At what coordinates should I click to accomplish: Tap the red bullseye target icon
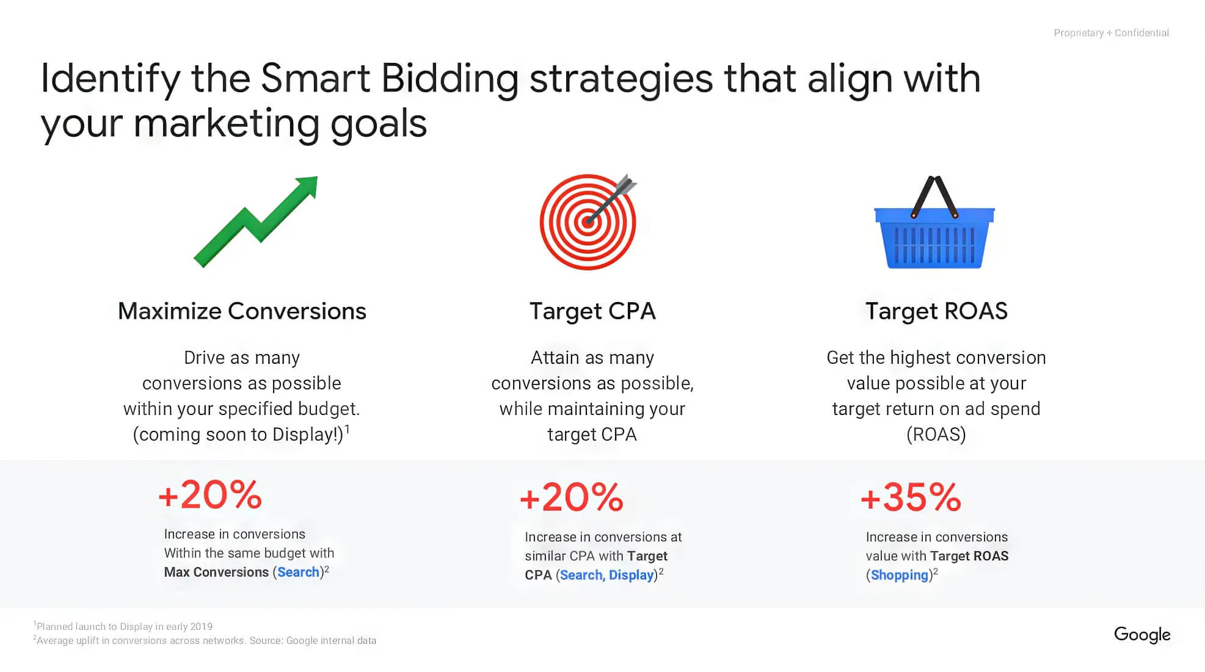click(x=587, y=223)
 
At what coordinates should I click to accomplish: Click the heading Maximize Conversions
click(x=242, y=311)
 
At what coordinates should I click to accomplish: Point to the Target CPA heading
click(x=592, y=311)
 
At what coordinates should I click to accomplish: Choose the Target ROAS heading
click(x=936, y=311)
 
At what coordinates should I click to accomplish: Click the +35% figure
click(x=911, y=497)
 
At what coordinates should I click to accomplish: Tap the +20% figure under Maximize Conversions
click(x=210, y=495)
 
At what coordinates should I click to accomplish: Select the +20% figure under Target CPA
click(x=571, y=497)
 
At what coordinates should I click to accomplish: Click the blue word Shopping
click(x=899, y=575)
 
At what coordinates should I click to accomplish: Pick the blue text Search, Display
click(x=606, y=575)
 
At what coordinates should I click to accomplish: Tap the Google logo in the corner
click(x=1141, y=635)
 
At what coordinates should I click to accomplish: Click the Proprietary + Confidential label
click(x=1111, y=33)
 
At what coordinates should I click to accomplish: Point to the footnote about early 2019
click(x=124, y=626)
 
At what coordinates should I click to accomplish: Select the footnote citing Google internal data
click(x=206, y=640)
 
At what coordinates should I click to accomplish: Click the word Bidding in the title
click(x=450, y=79)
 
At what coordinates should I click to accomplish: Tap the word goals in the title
click(x=378, y=124)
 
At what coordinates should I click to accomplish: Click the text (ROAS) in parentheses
click(x=936, y=435)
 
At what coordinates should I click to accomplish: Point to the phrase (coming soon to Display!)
click(x=238, y=435)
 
